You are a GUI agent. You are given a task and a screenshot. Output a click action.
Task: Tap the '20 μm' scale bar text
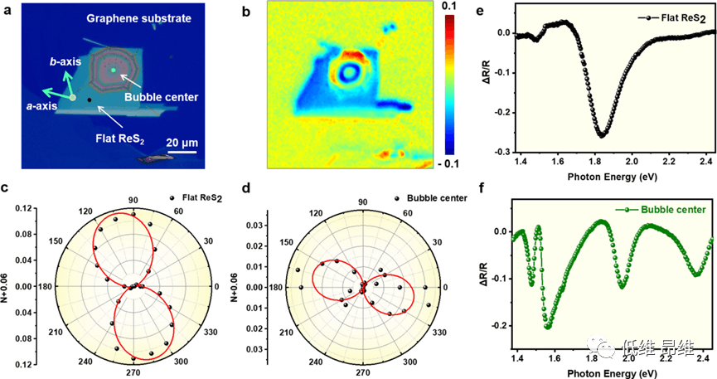[180, 142]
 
